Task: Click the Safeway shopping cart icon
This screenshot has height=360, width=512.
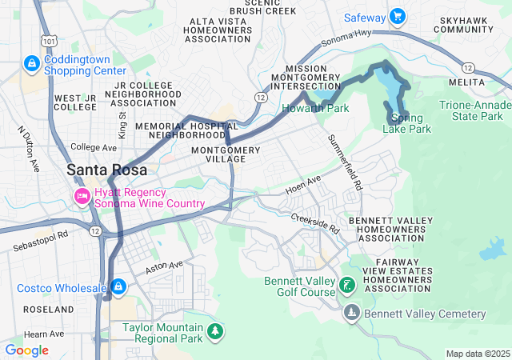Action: pos(397,18)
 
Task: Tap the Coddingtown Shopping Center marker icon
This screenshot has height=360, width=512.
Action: pos(32,62)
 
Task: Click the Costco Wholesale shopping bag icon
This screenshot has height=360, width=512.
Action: pos(118,286)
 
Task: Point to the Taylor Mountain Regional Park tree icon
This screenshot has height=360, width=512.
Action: pos(214,330)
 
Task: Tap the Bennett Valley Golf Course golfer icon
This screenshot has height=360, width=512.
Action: pos(346,286)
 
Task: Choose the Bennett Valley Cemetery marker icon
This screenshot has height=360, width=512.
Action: pos(350,312)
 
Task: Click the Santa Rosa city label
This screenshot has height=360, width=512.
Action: pos(106,170)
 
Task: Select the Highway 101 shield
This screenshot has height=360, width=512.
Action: pos(50,41)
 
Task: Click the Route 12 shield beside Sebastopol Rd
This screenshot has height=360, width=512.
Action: pos(95,231)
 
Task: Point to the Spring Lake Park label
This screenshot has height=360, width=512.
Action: pos(412,123)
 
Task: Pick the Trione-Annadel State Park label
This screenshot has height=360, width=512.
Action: pos(475,111)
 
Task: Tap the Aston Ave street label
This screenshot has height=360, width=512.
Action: pos(165,269)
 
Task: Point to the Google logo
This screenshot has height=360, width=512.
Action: pos(26,350)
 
